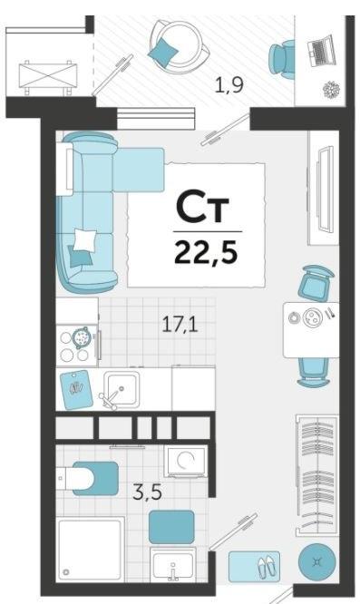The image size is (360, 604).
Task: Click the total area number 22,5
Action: click(x=206, y=253)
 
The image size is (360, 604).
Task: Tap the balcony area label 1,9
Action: click(x=229, y=84)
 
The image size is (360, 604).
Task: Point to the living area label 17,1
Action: click(x=180, y=325)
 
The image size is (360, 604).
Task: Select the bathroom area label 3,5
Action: click(x=147, y=492)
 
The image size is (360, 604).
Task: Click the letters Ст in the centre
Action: click(x=202, y=208)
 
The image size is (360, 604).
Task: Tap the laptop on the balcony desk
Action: click(x=322, y=50)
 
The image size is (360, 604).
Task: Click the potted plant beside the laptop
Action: click(x=332, y=90)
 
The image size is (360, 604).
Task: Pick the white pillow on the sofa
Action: click(x=84, y=240)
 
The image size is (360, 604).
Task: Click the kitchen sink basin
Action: click(x=122, y=389)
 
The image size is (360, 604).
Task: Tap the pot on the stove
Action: click(x=82, y=338)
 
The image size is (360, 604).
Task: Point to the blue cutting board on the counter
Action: click(x=76, y=390)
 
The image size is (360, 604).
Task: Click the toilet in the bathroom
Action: click(x=89, y=479)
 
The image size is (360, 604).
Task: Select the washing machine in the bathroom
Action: click(x=186, y=461)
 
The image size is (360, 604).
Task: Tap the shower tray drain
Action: click(x=66, y=572)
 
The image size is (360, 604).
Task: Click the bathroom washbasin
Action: click(x=173, y=564)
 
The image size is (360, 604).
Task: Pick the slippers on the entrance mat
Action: click(x=267, y=567)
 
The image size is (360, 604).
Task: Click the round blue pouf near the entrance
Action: click(x=317, y=562)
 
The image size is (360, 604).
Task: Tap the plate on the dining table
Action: click(x=312, y=317)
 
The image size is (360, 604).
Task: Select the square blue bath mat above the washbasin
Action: click(x=171, y=527)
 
